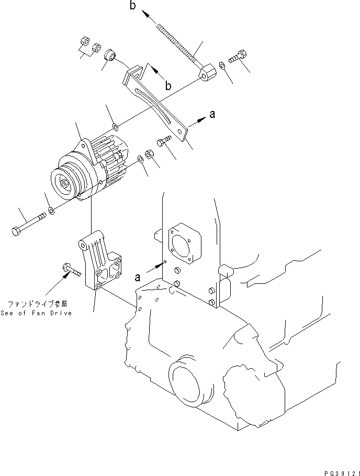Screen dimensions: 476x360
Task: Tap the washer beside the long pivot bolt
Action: click(x=51, y=211)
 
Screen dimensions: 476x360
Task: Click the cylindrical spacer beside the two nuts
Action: click(x=111, y=54)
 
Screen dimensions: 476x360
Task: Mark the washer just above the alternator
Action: click(x=116, y=126)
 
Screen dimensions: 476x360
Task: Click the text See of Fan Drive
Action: click(x=39, y=313)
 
